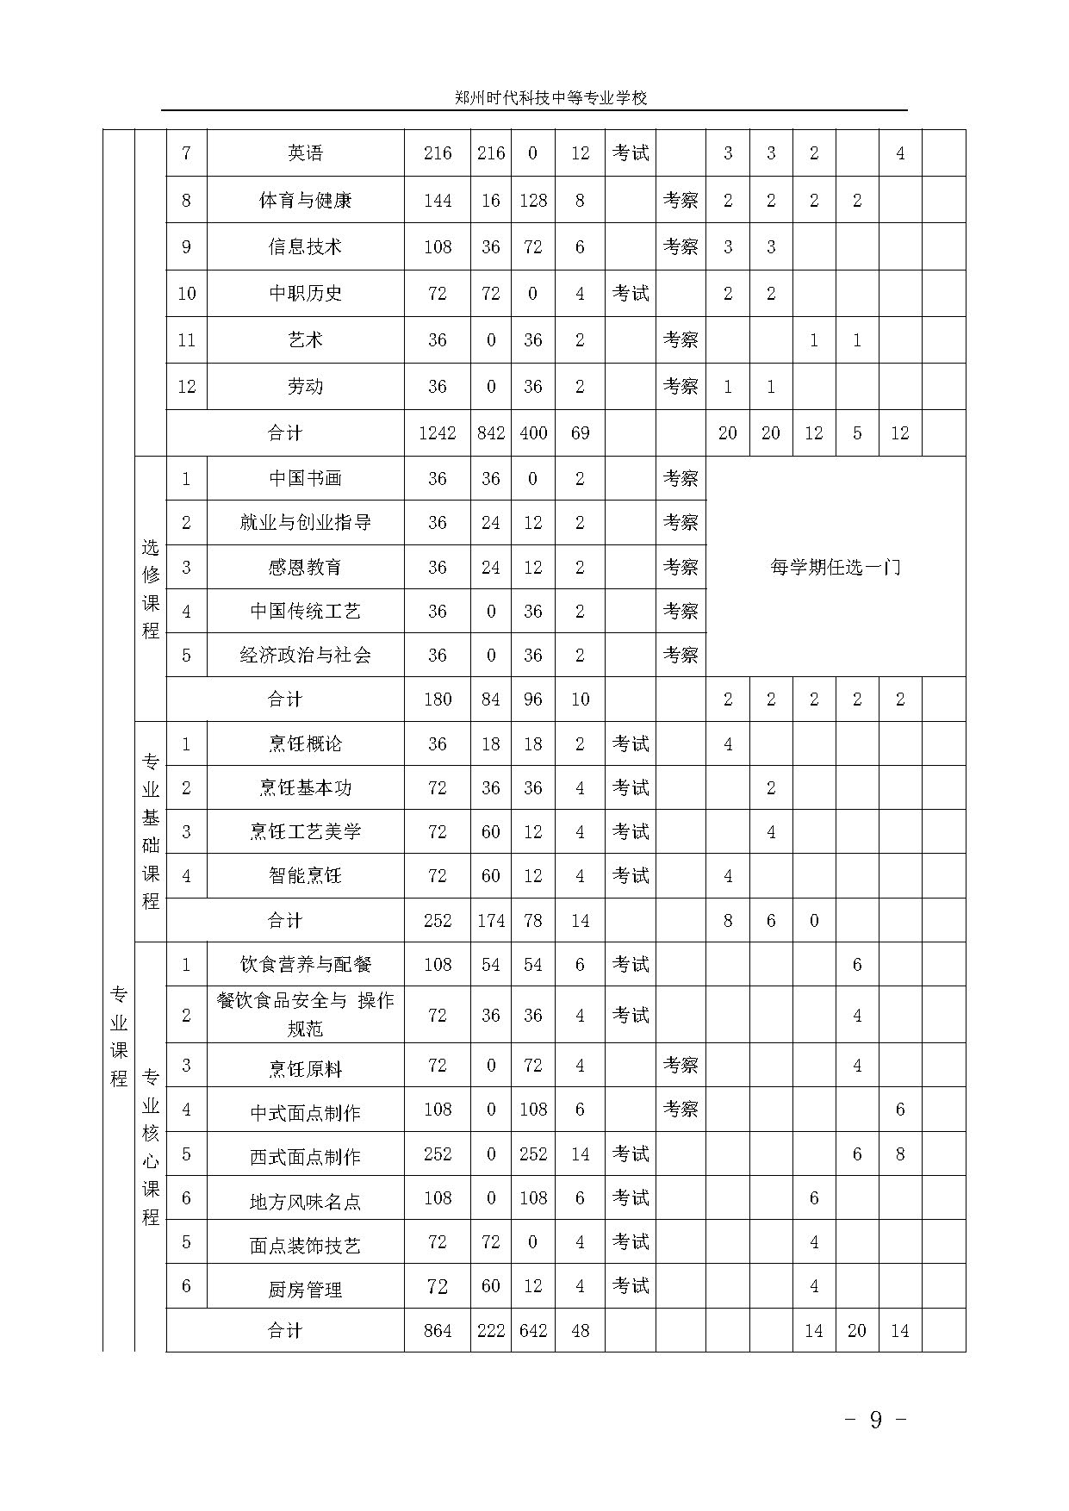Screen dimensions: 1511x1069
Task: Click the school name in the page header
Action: click(x=550, y=98)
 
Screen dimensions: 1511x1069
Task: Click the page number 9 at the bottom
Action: click(x=876, y=1420)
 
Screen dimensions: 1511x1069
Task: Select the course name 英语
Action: click(x=305, y=153)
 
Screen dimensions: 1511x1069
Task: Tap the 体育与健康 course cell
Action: click(x=305, y=201)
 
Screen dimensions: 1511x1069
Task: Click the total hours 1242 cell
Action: click(x=437, y=433)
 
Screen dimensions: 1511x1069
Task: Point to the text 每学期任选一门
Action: click(x=835, y=568)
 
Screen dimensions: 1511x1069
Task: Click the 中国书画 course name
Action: click(x=305, y=479)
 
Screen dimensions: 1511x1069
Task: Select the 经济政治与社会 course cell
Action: click(x=305, y=656)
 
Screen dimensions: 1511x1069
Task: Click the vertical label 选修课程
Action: click(x=151, y=588)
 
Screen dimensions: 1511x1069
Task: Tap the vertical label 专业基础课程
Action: click(x=151, y=831)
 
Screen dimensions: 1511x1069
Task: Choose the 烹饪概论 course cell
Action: click(x=305, y=744)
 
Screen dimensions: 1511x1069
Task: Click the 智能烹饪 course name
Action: click(x=305, y=876)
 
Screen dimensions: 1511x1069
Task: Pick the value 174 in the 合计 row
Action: click(x=491, y=921)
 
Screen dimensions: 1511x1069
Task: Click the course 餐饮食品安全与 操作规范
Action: click(x=305, y=1015)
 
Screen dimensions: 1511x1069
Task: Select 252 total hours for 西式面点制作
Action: click(x=437, y=1154)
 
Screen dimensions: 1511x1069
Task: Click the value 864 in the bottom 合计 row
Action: click(x=437, y=1331)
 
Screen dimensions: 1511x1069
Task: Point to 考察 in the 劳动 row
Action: click(x=681, y=387)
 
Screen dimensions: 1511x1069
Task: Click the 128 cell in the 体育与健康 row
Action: click(x=533, y=201)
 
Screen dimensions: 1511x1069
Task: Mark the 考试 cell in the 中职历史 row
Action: click(x=631, y=294)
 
